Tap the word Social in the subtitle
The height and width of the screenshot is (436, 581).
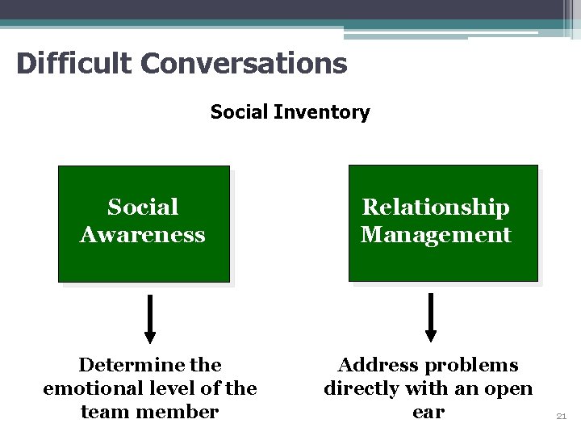pos(240,112)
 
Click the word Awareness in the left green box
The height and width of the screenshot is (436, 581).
pos(143,235)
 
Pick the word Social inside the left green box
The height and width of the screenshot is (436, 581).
pos(143,208)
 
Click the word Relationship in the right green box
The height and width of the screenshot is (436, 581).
pos(436,208)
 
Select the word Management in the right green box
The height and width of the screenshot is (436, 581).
pos(436,235)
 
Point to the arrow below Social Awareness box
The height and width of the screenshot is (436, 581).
pos(150,318)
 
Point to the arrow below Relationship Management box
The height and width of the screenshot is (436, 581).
pos(431,317)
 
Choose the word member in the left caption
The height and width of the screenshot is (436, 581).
pos(183,412)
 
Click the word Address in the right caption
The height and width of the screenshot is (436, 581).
pos(374,365)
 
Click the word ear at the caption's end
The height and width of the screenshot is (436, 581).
pos(428,413)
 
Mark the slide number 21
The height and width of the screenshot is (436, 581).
pos(562,417)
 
